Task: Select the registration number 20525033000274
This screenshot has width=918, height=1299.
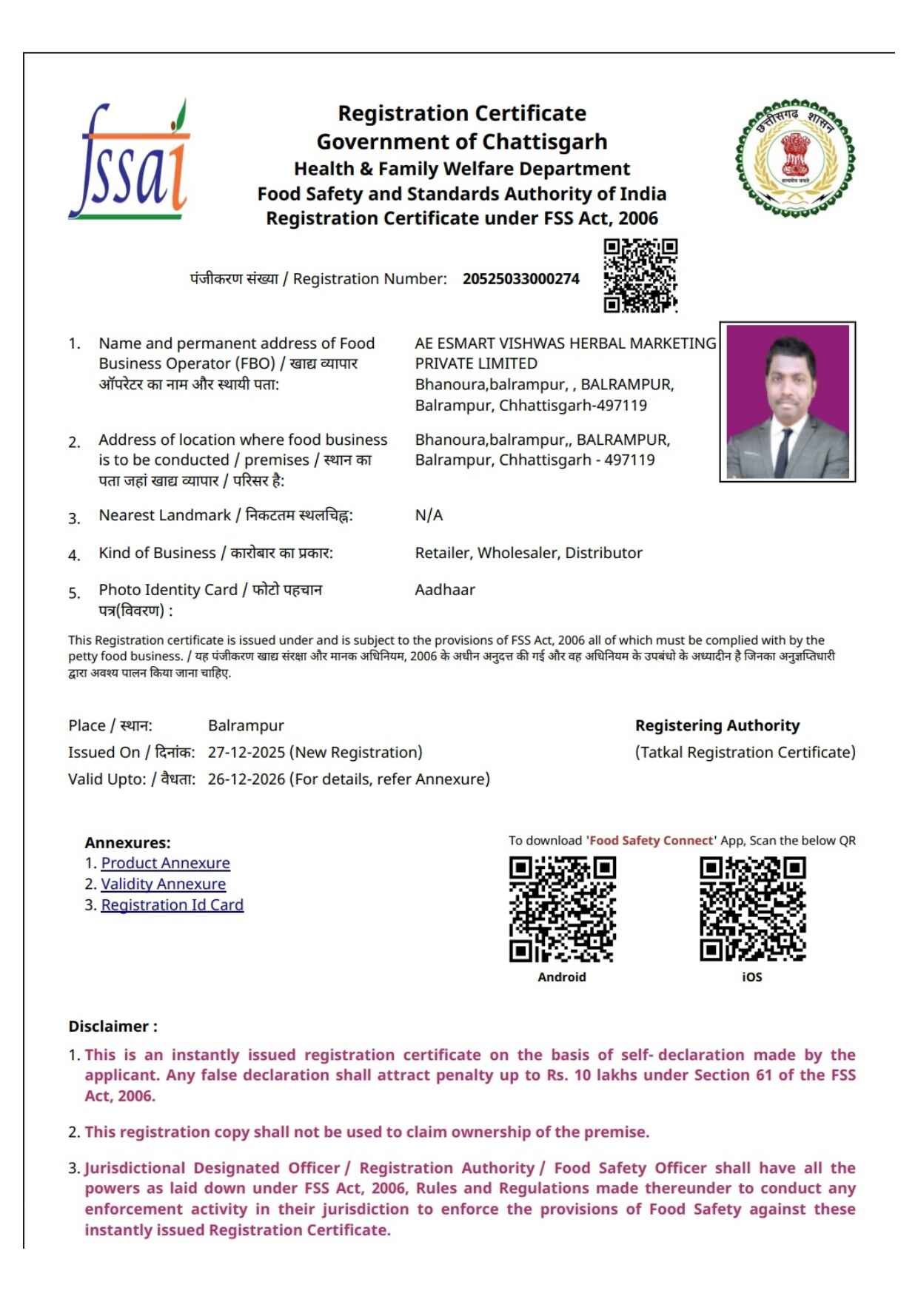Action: pos(520,279)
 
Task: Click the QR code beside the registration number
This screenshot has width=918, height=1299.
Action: pos(640,275)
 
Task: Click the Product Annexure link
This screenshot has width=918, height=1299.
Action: pos(165,863)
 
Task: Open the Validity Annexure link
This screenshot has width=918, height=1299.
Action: pos(163,884)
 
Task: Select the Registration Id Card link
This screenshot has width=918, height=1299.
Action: pos(172,904)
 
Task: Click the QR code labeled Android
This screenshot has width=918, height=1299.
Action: pos(562,909)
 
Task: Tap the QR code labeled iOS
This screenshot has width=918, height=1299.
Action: pos(752,909)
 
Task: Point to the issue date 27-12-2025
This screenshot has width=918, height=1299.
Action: pos(246,753)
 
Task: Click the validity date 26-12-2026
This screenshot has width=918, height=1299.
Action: pos(246,779)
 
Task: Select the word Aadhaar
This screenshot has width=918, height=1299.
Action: pos(444,590)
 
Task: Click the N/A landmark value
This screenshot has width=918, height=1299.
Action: pos(429,515)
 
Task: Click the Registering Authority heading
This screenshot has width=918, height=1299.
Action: pos(717,725)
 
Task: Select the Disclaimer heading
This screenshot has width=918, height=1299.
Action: pos(113,1027)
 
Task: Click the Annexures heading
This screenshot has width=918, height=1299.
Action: pos(127,843)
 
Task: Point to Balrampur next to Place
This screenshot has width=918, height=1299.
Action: pos(246,726)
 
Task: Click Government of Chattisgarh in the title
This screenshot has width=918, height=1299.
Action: pos(461,141)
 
